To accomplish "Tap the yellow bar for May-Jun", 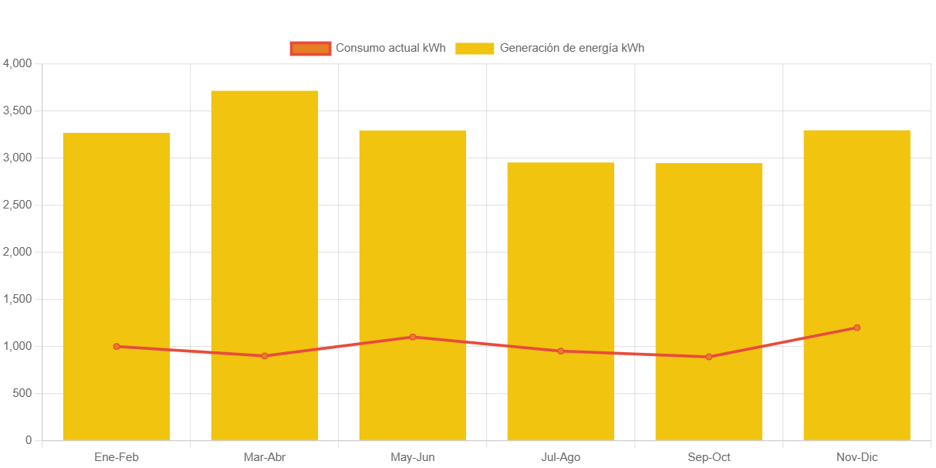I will (x=413, y=232).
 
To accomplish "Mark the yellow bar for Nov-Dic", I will (x=857, y=232).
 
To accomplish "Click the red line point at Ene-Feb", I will (x=117, y=346).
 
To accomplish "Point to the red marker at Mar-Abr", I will (x=265, y=356).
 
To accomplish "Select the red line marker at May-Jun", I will (x=413, y=337).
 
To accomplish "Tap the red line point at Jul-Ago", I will (x=561, y=351).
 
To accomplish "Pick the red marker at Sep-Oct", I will (x=709, y=357).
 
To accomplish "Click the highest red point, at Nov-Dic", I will (x=857, y=327).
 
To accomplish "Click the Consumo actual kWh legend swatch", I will (x=310, y=48).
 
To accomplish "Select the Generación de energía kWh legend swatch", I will (x=475, y=48).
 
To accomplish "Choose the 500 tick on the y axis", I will (x=22, y=393).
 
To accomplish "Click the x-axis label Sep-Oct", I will (x=709, y=457).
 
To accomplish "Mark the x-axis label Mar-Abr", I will (x=265, y=457).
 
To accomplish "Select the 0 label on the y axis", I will (x=29, y=440).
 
